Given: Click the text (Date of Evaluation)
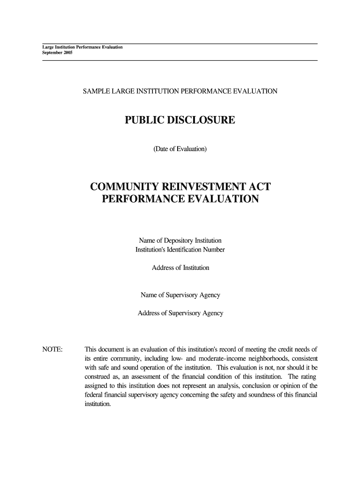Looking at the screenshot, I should pos(180,149).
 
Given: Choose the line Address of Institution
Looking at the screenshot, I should pos(180,268).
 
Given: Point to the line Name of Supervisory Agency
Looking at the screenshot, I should pos(180,295).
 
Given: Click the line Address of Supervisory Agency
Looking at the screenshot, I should pos(180,313).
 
